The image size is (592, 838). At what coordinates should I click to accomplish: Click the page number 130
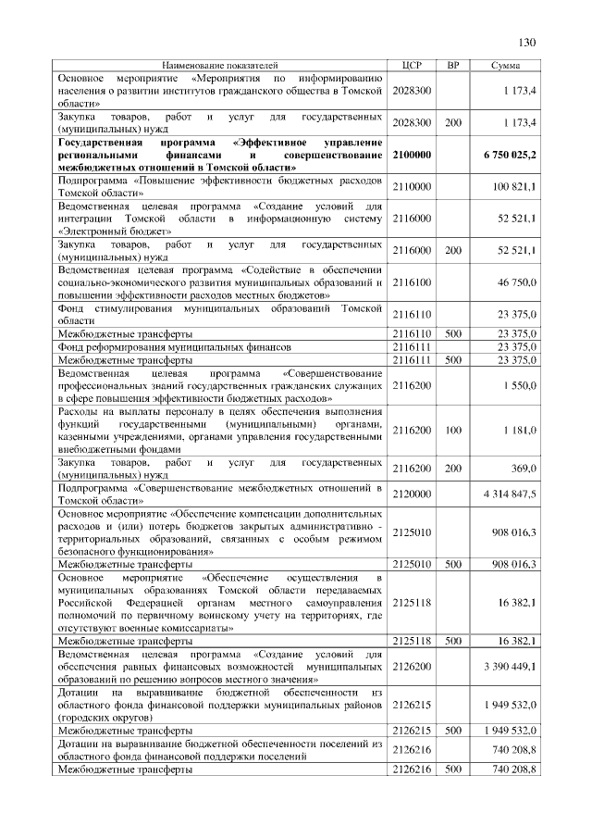[527, 43]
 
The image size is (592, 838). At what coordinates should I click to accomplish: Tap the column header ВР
[452, 66]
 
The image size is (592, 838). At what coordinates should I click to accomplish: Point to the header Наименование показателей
[219, 66]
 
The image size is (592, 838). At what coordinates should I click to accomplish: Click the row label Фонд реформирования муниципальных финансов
[148, 346]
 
